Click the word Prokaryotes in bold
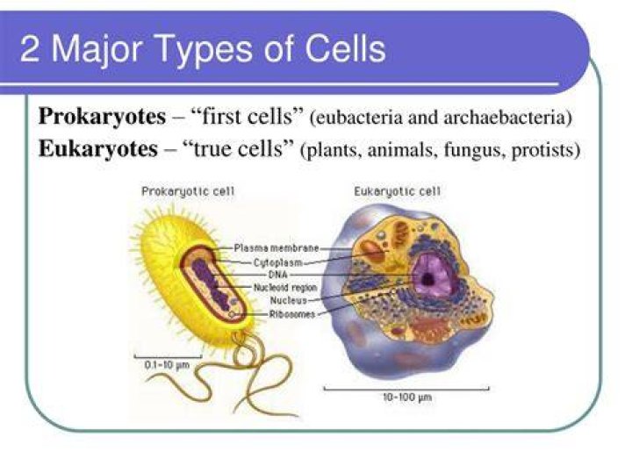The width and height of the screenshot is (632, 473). click(x=102, y=117)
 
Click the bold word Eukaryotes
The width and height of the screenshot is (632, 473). click(x=98, y=149)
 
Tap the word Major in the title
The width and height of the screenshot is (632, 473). click(x=97, y=49)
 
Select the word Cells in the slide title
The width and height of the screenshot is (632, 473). click(x=345, y=48)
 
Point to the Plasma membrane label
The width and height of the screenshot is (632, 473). click(x=276, y=247)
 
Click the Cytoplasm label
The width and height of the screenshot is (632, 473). click(x=277, y=262)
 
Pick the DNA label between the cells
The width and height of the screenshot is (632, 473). click(x=278, y=275)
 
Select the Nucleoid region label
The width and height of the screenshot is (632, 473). click(x=285, y=288)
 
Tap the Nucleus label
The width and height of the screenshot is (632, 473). click(x=288, y=300)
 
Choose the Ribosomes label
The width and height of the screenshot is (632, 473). click(x=292, y=314)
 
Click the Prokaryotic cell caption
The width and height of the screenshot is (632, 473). click(x=188, y=191)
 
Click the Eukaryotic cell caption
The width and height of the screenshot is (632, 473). click(x=398, y=191)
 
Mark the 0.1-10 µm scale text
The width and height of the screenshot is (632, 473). click(x=167, y=365)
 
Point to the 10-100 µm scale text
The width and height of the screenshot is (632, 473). click(x=407, y=398)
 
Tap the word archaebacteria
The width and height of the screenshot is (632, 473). click(x=508, y=118)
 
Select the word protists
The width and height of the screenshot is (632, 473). click(x=546, y=150)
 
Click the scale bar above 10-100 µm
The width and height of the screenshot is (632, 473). click(x=406, y=390)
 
